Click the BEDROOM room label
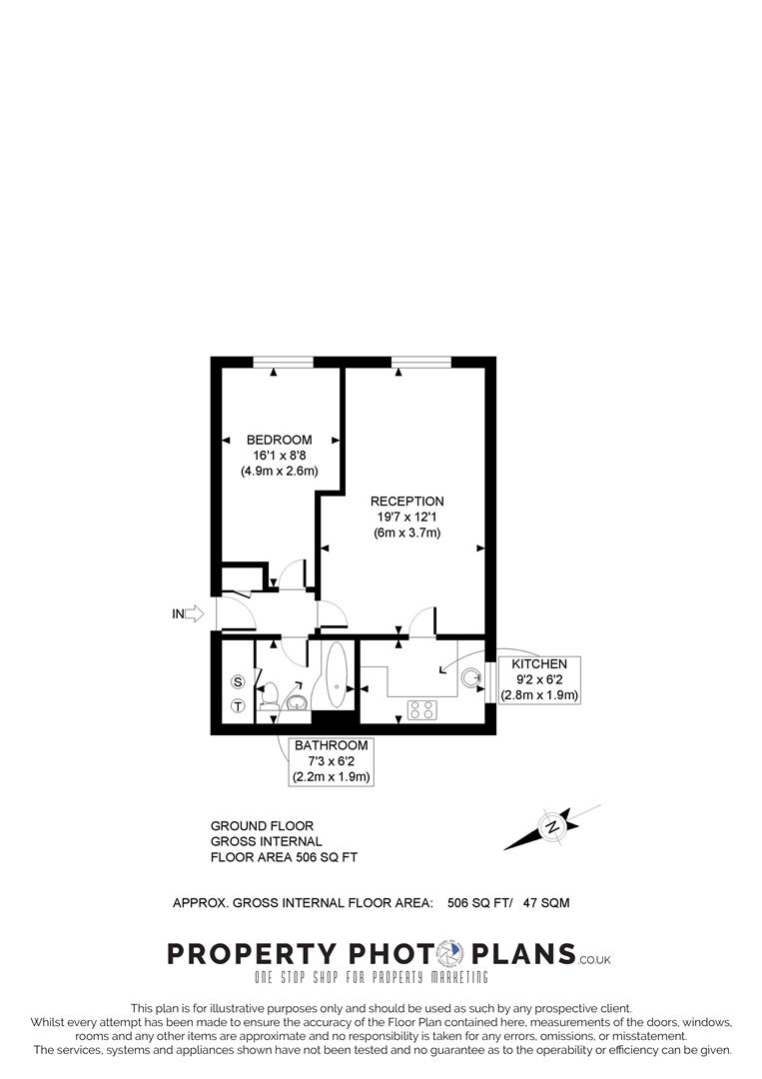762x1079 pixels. point(280,440)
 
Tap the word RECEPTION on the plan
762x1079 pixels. point(406,502)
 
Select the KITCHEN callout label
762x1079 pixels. point(539,664)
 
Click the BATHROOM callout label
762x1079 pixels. point(331,746)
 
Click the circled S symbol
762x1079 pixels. point(238,682)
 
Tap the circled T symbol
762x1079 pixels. point(238,706)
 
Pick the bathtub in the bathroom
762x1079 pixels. point(335,676)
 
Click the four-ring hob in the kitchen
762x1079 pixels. point(420,710)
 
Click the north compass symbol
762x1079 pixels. point(551,827)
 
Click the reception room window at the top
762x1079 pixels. point(420,362)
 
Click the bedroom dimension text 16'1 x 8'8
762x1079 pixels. point(280,456)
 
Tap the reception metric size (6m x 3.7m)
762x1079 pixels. point(406,534)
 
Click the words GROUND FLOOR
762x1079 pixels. point(262,826)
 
